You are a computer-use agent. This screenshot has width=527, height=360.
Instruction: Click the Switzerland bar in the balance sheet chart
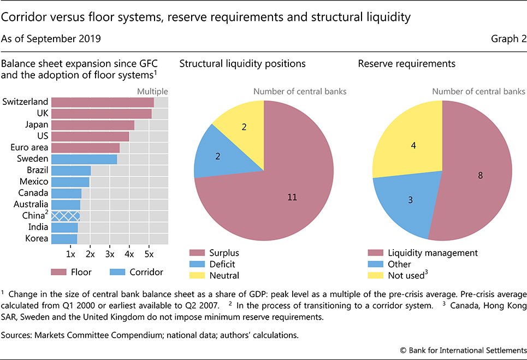click(x=102, y=102)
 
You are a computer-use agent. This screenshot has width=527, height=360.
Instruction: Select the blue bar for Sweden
click(x=84, y=159)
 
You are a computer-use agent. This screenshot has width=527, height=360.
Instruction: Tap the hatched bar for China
click(x=66, y=216)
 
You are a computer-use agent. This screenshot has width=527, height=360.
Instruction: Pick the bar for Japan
click(x=92, y=125)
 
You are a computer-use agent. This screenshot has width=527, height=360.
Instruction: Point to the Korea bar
click(x=64, y=239)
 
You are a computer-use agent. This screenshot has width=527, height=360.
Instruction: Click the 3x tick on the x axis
click(x=110, y=254)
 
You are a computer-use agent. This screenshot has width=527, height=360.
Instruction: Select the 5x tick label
click(x=149, y=254)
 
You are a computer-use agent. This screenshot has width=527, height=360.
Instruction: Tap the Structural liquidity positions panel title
click(x=242, y=64)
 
